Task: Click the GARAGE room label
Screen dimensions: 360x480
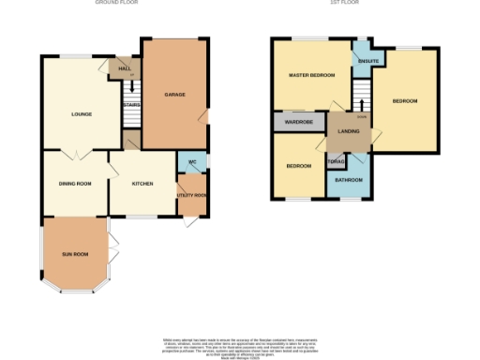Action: point(173,95)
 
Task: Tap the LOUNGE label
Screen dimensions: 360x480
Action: point(80,115)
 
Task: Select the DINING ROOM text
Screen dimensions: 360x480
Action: point(76,184)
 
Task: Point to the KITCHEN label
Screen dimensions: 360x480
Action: point(142,184)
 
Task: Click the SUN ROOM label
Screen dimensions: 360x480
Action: point(75,254)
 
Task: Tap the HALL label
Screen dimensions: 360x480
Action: point(123,67)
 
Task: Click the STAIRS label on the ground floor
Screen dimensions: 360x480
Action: point(131,105)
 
